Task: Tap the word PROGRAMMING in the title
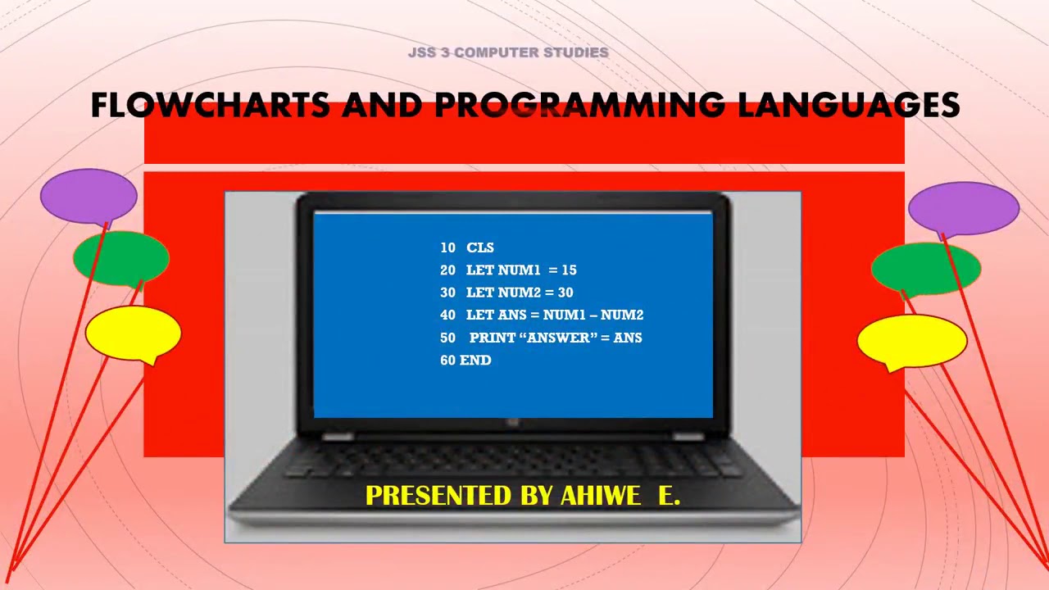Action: (x=579, y=106)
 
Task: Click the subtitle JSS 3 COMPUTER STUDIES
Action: (x=508, y=52)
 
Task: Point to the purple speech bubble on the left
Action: (x=89, y=195)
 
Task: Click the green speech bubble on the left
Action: (x=121, y=258)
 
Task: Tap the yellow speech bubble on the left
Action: (x=133, y=332)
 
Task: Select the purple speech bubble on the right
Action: (x=964, y=208)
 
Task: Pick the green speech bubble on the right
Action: (x=926, y=268)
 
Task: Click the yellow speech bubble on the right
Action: (x=912, y=341)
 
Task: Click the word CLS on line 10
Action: (x=480, y=247)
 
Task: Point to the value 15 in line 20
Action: (x=569, y=270)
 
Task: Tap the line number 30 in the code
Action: (x=447, y=293)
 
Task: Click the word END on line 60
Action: (x=475, y=360)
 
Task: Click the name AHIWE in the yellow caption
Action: (x=600, y=496)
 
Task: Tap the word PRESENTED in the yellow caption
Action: (x=438, y=496)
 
